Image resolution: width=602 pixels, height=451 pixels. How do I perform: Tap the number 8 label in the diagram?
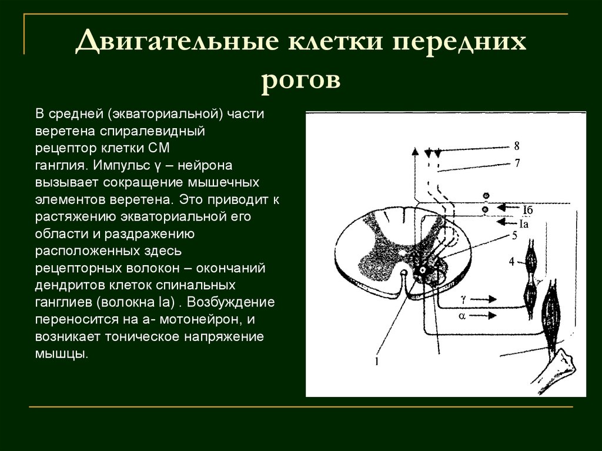[x=517, y=146]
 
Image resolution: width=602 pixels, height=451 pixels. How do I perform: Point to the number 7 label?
[x=517, y=163]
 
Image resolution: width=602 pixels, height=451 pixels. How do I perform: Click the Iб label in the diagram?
[x=527, y=209]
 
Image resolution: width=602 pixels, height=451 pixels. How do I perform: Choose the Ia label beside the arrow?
[x=524, y=223]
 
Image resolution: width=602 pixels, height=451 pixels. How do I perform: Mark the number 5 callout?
[x=514, y=236]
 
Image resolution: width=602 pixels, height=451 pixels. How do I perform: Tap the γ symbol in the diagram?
[x=464, y=299]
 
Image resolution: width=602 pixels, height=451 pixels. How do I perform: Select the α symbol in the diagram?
[x=462, y=316]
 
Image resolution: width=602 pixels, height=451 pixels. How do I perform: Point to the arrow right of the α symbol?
[x=484, y=316]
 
